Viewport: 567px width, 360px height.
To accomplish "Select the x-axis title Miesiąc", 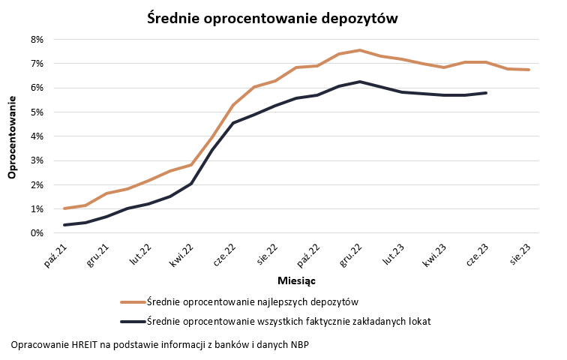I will point(296,280).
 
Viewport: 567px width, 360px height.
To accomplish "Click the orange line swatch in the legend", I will point(133,302).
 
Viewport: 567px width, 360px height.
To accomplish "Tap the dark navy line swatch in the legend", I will point(133,322).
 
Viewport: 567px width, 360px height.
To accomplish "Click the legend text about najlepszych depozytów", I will point(253,302).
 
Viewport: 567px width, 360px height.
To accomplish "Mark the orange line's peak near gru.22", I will point(360,50).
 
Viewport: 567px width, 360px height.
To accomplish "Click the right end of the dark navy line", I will point(487,93).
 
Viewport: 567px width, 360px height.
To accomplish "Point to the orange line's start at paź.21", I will point(65,208).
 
